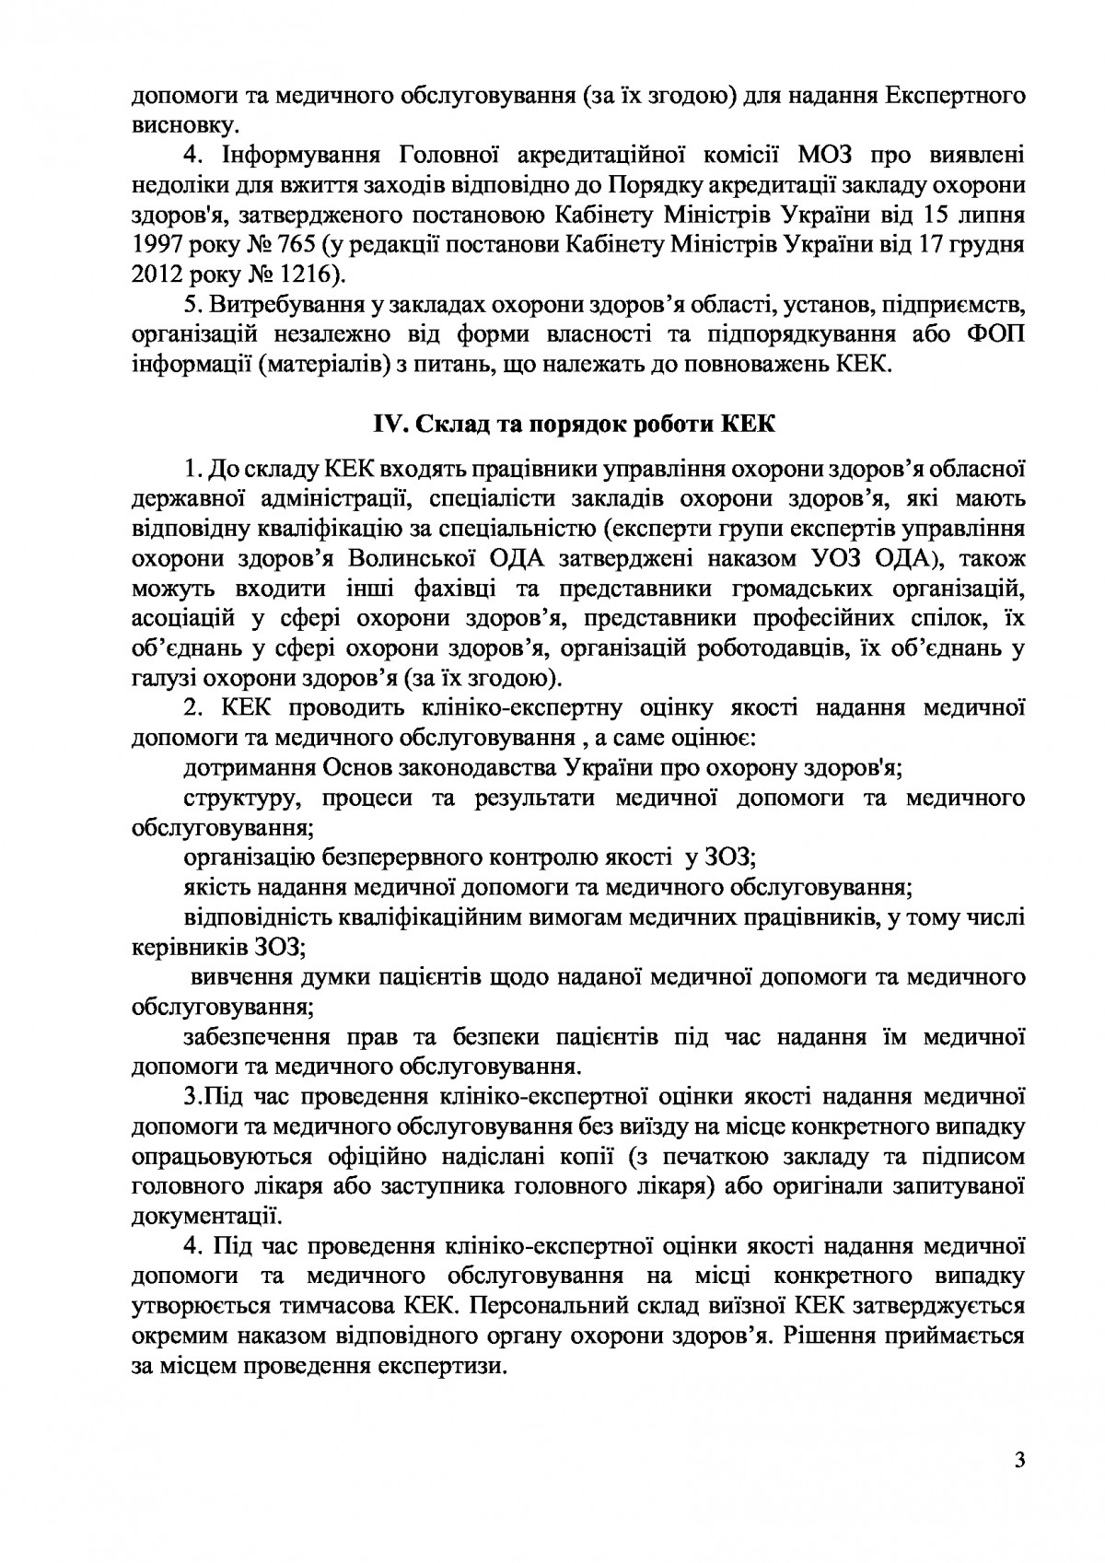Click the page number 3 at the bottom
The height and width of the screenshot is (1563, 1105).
click(1018, 1462)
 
